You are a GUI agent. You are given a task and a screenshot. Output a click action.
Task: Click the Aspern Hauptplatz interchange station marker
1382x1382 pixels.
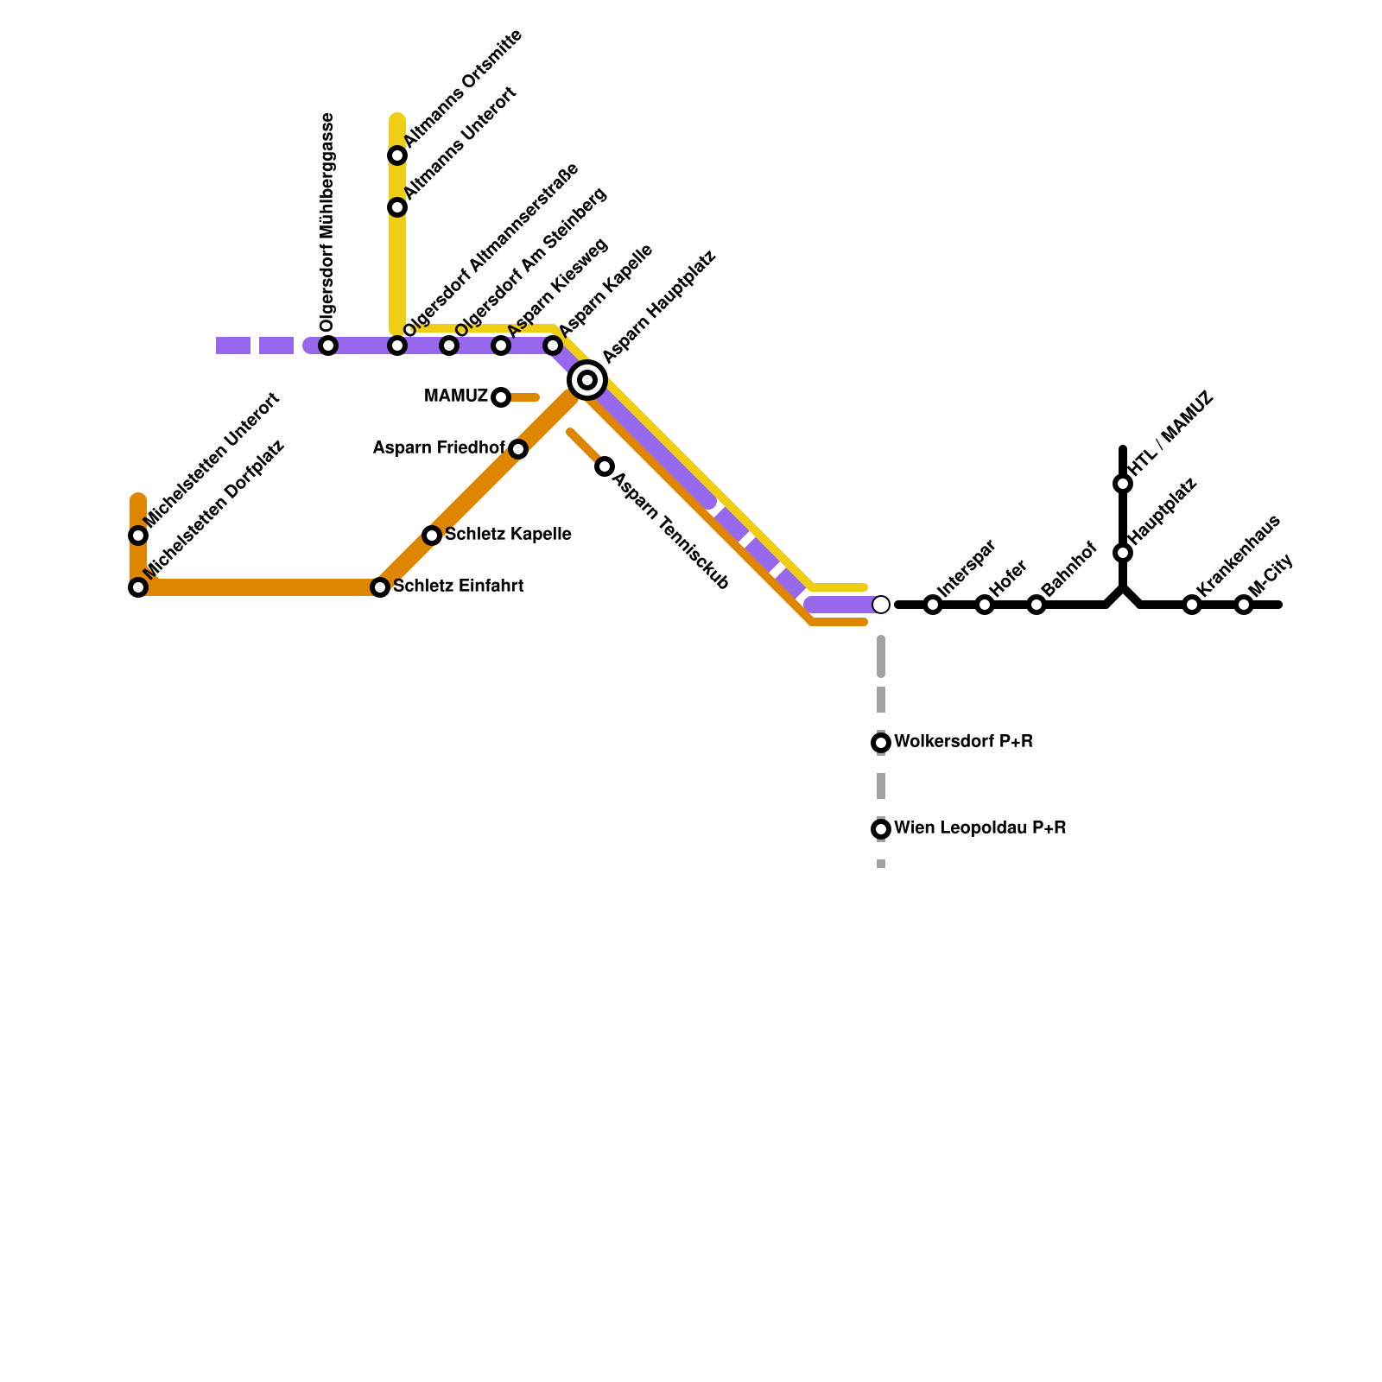tap(587, 380)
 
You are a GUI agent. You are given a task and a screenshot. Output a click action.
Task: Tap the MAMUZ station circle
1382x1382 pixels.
tap(501, 397)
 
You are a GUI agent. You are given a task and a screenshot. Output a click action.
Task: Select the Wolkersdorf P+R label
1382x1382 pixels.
tap(963, 742)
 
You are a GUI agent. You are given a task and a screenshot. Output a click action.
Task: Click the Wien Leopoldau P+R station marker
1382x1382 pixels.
tap(881, 829)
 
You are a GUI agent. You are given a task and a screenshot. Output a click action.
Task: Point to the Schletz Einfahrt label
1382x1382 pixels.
tap(458, 586)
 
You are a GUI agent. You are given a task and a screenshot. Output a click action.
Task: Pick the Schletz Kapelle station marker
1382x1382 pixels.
tap(432, 536)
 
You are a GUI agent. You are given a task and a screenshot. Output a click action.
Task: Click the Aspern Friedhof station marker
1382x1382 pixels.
tap(518, 449)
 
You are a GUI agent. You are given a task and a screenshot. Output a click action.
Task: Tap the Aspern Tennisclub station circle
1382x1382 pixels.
tap(605, 466)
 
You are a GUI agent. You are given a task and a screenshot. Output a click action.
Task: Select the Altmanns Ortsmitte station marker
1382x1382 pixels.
tap(397, 155)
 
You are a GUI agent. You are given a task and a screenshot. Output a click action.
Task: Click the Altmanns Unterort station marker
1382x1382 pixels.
tap(397, 207)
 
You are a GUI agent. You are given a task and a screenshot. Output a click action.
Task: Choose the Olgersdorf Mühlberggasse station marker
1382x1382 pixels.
tap(328, 345)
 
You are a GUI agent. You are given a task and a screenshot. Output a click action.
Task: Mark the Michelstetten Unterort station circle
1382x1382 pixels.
tap(138, 536)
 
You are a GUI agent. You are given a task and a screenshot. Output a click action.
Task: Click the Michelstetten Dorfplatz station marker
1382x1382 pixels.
tap(138, 587)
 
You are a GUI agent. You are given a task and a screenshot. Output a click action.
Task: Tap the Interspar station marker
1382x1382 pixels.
tap(933, 605)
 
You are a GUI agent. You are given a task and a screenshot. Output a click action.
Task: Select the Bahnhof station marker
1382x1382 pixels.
tap(1036, 605)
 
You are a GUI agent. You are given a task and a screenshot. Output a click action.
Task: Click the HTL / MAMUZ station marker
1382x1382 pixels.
tap(1123, 484)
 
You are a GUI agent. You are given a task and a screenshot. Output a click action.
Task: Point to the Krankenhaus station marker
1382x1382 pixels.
tap(1192, 605)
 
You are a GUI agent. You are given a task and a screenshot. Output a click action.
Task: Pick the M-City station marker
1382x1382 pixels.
tap(1244, 605)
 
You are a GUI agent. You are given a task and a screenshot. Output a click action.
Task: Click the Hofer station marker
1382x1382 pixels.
tap(985, 605)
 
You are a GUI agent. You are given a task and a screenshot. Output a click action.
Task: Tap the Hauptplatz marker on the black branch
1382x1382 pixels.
tap(1123, 553)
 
